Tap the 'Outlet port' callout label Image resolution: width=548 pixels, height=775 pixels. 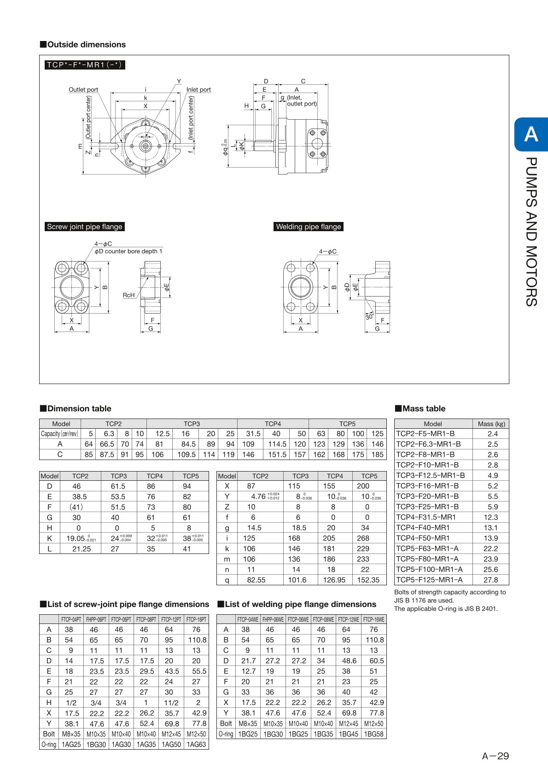(83, 90)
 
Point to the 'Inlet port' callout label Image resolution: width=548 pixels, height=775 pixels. (198, 90)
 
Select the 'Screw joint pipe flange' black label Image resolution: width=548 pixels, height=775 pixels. (85, 227)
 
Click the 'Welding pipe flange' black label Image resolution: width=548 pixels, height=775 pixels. (309, 227)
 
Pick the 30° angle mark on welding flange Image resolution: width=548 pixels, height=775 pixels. (369, 316)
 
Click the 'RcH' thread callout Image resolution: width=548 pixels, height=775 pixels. (128, 295)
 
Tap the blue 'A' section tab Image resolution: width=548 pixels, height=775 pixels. (531, 134)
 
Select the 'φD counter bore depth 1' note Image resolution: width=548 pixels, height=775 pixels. (128, 251)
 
